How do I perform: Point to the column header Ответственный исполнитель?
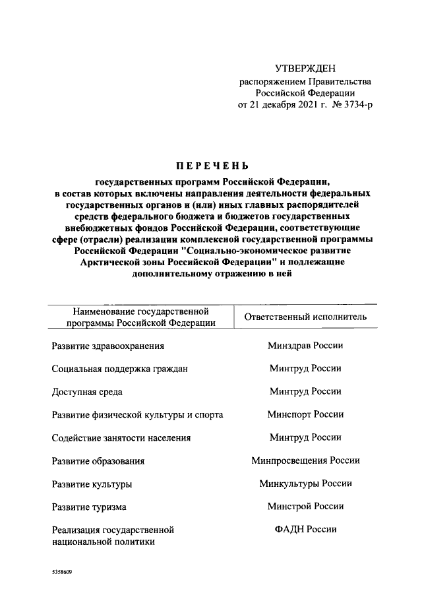coord(305,317)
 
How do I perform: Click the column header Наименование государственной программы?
coord(142,317)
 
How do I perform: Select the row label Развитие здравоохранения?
coord(107,346)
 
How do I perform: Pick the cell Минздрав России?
coord(305,346)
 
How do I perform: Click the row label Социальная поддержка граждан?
coord(119,369)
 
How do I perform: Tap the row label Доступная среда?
coord(87,392)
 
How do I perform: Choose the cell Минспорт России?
coord(305,415)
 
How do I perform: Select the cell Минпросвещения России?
coord(305,460)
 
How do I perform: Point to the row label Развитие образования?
coord(98,461)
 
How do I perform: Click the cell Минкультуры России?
coord(305,484)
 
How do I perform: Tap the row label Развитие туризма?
coord(89,507)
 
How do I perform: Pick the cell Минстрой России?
coord(305,507)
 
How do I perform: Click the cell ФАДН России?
coord(305,530)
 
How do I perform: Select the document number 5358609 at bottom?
coord(61,573)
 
